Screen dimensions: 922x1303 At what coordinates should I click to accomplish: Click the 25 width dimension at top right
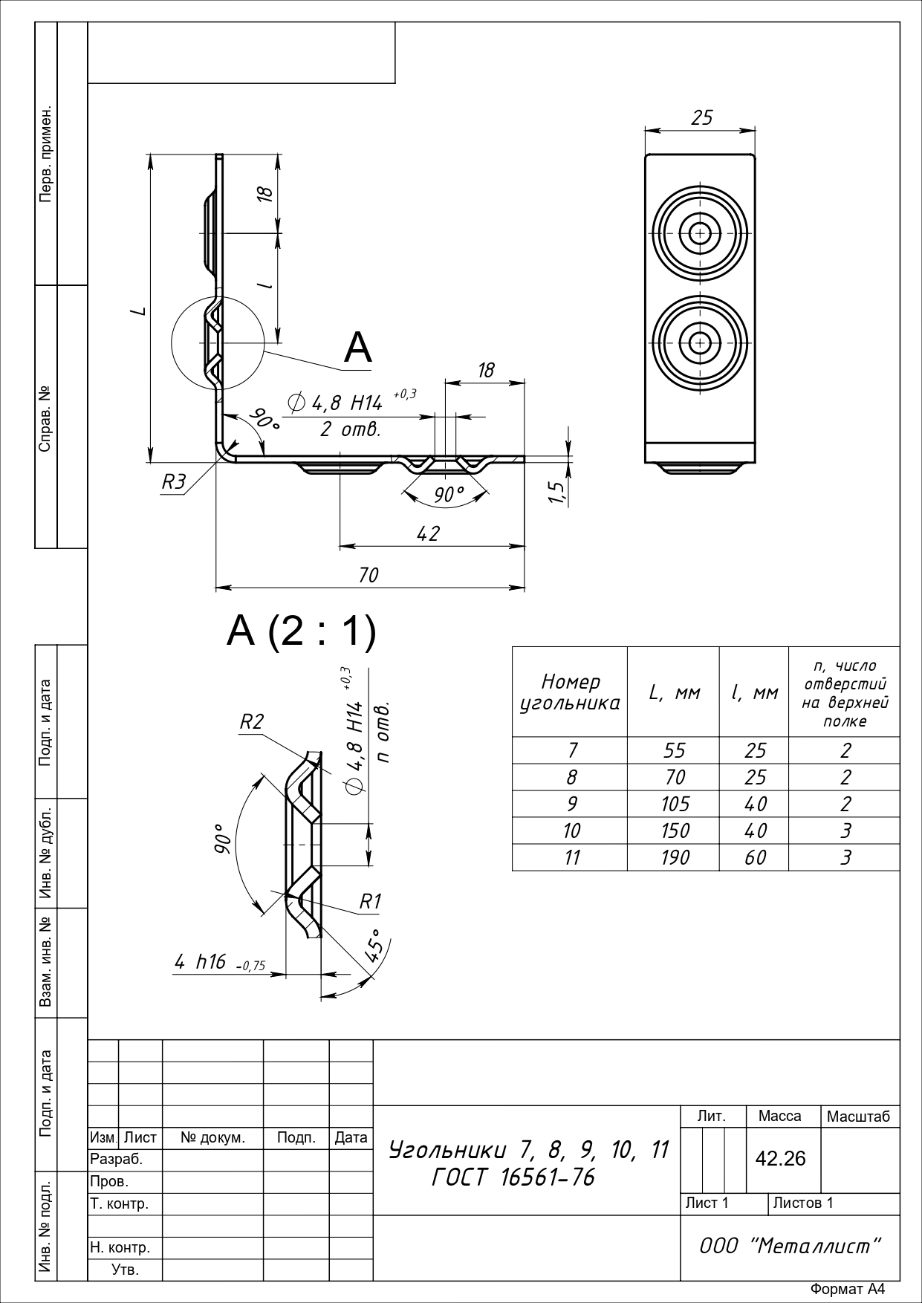(x=702, y=117)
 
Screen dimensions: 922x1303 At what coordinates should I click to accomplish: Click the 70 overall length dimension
(x=369, y=575)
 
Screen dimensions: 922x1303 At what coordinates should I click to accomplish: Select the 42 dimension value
(x=429, y=533)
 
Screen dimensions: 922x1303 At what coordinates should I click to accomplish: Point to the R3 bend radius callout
(x=174, y=482)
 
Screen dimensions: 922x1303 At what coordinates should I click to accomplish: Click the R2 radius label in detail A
(x=252, y=721)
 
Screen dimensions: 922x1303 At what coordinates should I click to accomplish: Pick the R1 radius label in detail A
(x=370, y=901)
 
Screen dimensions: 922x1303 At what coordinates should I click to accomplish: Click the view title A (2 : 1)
(x=302, y=632)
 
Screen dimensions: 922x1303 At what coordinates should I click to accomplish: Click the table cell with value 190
(x=675, y=857)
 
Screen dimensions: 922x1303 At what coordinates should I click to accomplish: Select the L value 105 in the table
(x=675, y=804)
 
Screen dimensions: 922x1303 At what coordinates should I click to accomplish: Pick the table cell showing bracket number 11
(x=571, y=857)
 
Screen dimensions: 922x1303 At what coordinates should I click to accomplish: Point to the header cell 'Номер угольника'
(x=570, y=692)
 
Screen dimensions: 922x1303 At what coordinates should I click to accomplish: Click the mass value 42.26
(x=780, y=1158)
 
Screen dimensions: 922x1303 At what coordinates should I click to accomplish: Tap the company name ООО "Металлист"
(x=790, y=1246)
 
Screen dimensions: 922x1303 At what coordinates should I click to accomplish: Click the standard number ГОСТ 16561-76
(x=513, y=1177)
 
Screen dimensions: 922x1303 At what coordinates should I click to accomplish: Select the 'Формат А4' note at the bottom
(x=848, y=1290)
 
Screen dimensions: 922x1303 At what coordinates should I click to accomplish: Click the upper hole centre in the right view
(x=699, y=233)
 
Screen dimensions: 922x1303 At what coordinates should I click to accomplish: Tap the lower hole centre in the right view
(x=699, y=343)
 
